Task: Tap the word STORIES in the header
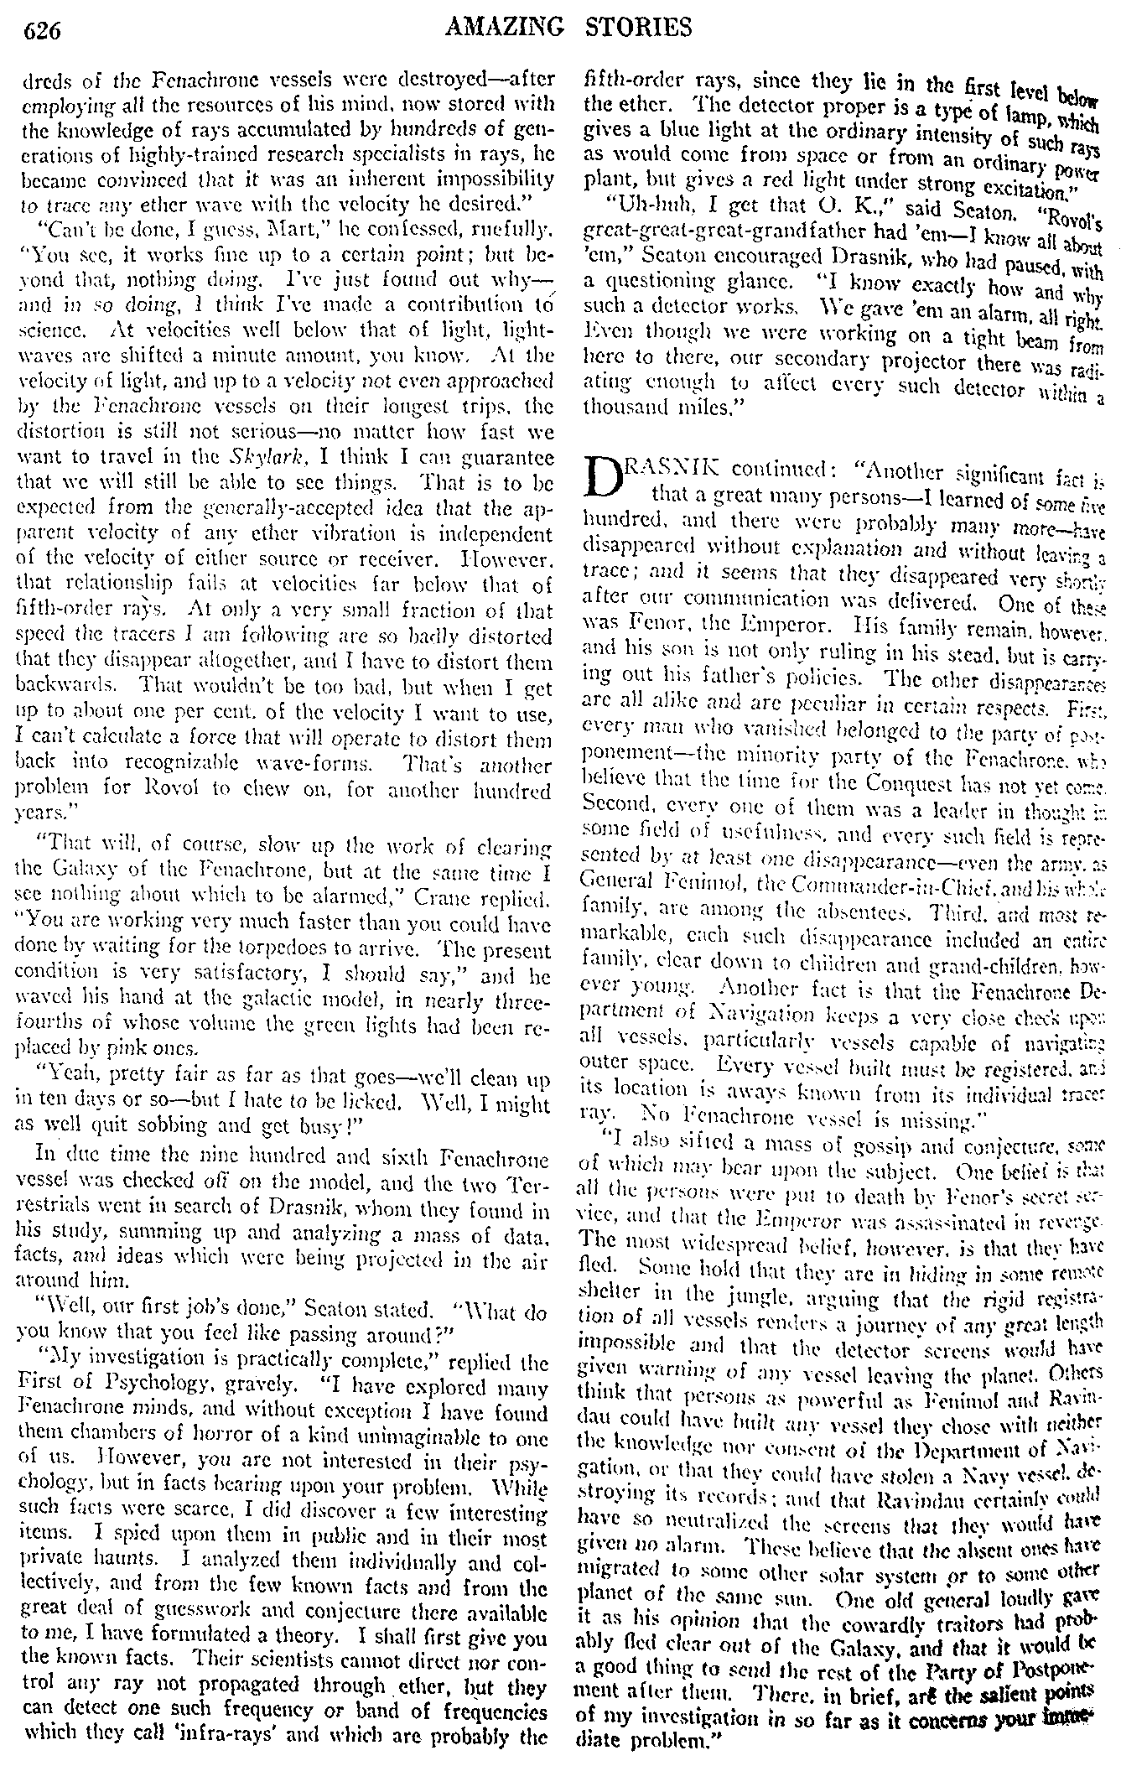tap(639, 28)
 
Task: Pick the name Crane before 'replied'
tap(454, 898)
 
